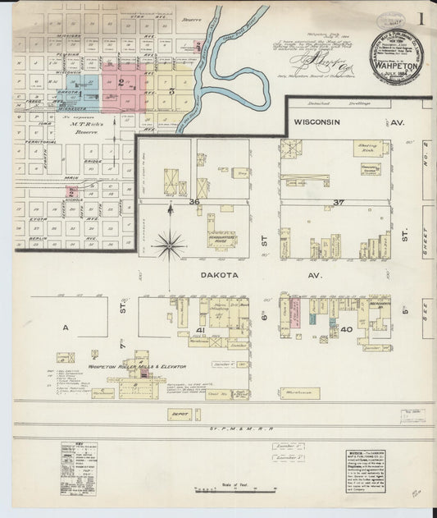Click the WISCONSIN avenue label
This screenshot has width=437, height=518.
click(x=324, y=122)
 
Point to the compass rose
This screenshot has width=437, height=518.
click(x=171, y=243)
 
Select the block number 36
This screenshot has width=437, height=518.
click(x=195, y=201)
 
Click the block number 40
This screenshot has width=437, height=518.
click(x=346, y=329)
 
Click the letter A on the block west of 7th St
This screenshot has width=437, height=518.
click(x=65, y=327)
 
